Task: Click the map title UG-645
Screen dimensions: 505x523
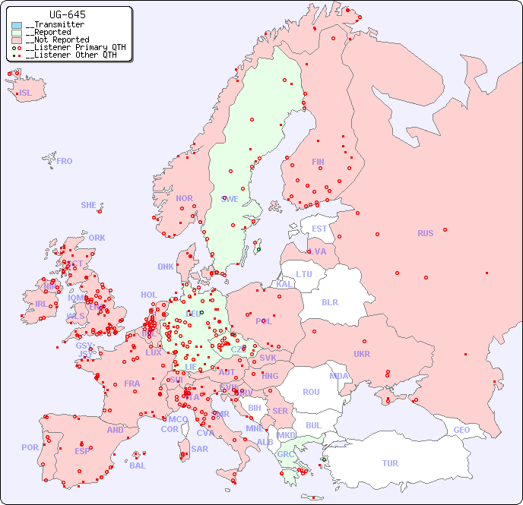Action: click(68, 14)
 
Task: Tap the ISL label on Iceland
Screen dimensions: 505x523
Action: click(25, 93)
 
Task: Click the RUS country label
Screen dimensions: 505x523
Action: click(425, 233)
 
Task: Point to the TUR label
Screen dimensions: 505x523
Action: click(390, 463)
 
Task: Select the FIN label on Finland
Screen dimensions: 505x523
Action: click(318, 162)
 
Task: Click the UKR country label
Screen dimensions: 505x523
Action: click(361, 354)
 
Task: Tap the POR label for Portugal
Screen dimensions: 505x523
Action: click(30, 447)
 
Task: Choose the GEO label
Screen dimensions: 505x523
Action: click(461, 430)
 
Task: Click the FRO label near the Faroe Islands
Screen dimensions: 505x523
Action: click(65, 161)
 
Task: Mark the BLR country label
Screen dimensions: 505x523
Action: click(329, 301)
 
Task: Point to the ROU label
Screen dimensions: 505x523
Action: click(311, 392)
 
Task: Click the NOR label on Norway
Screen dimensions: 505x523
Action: click(184, 198)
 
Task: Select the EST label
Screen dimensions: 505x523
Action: click(319, 229)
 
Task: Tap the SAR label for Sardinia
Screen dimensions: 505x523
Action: click(199, 449)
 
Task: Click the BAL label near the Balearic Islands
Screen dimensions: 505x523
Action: click(137, 466)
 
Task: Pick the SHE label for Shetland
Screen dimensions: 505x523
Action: click(88, 205)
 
